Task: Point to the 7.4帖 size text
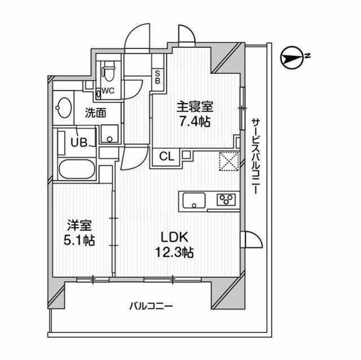click(193, 121)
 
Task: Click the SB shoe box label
click(157, 76)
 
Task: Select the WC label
click(108, 91)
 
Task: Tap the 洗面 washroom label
click(95, 112)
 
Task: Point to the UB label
click(78, 141)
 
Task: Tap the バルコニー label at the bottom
click(151, 306)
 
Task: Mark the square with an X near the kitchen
click(228, 161)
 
